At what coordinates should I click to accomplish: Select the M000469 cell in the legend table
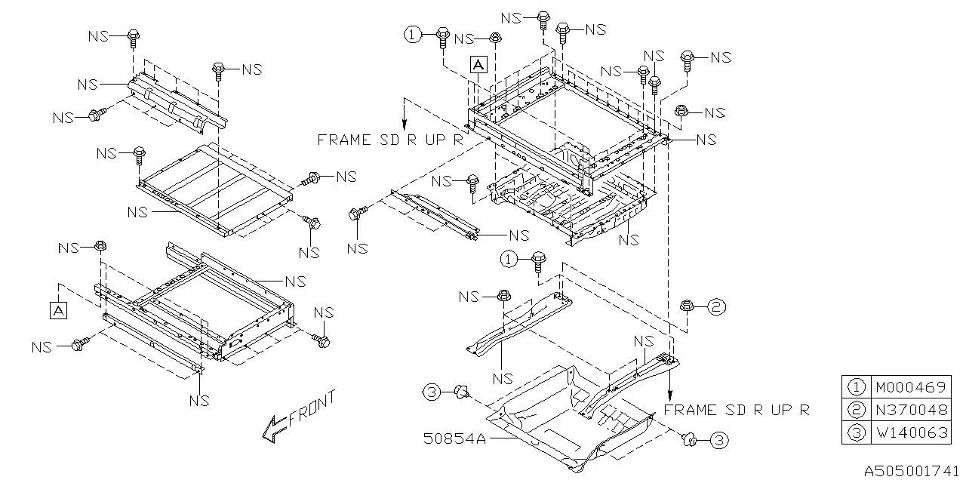click(909, 387)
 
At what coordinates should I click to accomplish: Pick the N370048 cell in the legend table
click(909, 411)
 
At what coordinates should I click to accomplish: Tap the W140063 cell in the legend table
click(909, 435)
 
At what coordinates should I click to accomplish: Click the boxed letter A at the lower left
click(57, 309)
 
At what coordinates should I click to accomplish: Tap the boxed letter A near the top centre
click(478, 65)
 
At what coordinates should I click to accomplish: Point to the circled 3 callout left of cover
click(430, 392)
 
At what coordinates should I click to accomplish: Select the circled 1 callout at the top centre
click(412, 34)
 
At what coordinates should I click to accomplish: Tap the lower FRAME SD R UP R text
click(737, 410)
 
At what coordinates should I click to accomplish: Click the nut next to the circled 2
click(687, 306)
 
